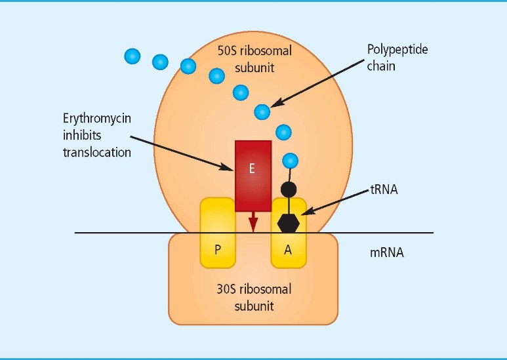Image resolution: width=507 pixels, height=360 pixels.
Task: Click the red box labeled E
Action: tap(253, 176)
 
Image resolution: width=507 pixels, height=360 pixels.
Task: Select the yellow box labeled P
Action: tap(217, 233)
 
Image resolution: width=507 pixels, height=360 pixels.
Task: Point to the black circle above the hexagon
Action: tap(289, 190)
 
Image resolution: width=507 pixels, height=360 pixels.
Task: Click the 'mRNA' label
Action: tap(387, 251)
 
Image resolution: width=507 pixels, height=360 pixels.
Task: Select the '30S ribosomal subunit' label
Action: tap(253, 297)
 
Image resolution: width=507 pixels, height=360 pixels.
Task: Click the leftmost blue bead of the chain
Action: tap(132, 56)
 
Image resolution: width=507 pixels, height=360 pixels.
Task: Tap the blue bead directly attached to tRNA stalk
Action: tap(289, 160)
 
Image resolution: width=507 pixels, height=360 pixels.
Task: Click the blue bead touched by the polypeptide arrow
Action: tap(262, 112)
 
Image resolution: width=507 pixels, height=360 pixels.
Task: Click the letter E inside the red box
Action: tap(253, 169)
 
